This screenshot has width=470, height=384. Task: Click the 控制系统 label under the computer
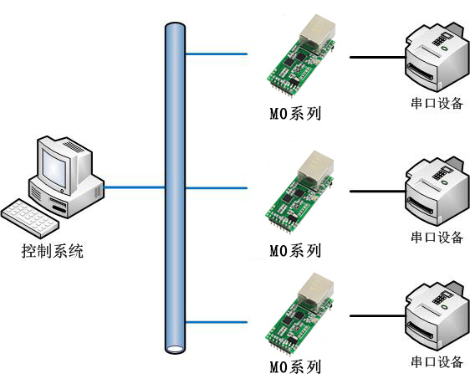(x=52, y=251)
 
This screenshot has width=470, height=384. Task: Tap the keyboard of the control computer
(x=29, y=218)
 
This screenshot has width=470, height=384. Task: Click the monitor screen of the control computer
(x=54, y=169)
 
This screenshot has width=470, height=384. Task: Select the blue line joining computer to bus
(x=135, y=187)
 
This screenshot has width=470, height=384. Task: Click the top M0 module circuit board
(x=301, y=55)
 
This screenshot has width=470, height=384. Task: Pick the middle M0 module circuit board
(x=299, y=192)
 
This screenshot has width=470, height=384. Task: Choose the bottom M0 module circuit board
(x=299, y=314)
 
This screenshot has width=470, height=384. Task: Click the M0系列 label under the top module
(x=295, y=114)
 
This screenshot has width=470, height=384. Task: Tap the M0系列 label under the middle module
(x=295, y=251)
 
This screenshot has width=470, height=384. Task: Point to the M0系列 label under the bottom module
(x=295, y=367)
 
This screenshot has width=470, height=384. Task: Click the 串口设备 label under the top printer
(x=437, y=103)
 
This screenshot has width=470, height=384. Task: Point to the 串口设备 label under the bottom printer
(x=437, y=361)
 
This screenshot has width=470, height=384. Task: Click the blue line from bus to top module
(x=216, y=54)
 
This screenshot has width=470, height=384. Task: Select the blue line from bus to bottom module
(x=216, y=322)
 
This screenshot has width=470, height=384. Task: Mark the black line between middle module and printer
(x=378, y=191)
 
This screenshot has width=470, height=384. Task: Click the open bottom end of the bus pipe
(x=175, y=349)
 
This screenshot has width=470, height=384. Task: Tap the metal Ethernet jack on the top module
(x=317, y=33)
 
